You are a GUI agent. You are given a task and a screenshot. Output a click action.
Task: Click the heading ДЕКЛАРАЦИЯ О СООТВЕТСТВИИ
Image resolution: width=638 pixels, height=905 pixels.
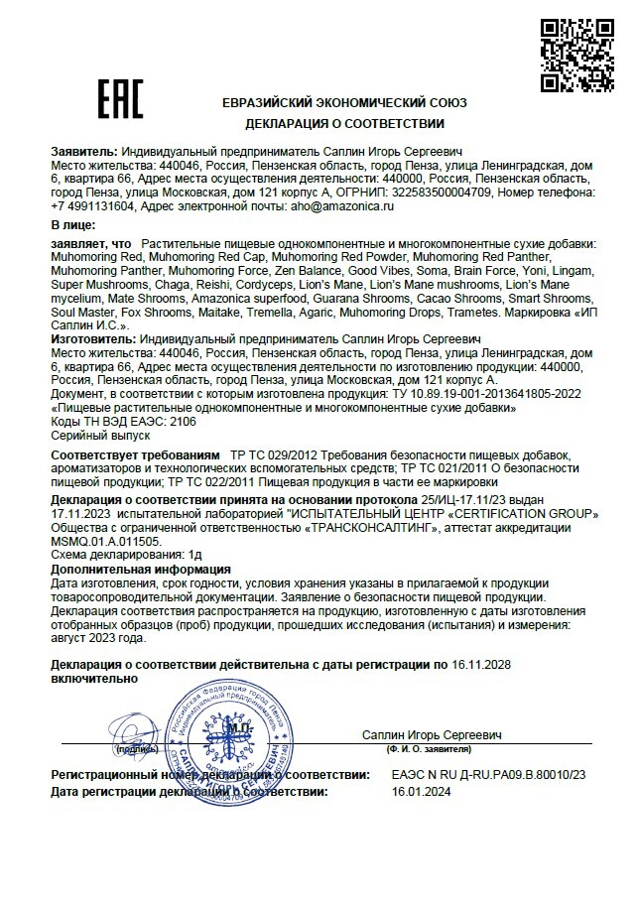pyautogui.click(x=345, y=124)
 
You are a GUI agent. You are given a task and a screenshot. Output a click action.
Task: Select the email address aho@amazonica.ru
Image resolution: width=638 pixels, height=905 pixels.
pyautogui.click(x=338, y=206)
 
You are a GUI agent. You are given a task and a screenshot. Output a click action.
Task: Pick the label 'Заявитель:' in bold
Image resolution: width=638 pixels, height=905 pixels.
pyautogui.click(x=83, y=151)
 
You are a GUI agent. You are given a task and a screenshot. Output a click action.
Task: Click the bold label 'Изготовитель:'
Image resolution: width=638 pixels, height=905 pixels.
pyautogui.click(x=93, y=338)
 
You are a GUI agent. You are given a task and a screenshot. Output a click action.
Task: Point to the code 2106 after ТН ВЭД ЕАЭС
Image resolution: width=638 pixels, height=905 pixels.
pyautogui.click(x=184, y=421)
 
